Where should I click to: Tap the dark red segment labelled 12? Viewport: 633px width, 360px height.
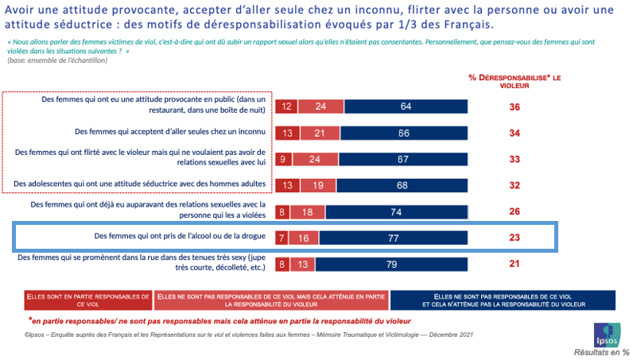click(286, 106)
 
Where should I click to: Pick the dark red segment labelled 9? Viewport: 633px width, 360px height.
click(284, 158)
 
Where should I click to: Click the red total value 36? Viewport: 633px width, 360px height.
click(515, 106)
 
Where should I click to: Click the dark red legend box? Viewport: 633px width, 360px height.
click(87, 299)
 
